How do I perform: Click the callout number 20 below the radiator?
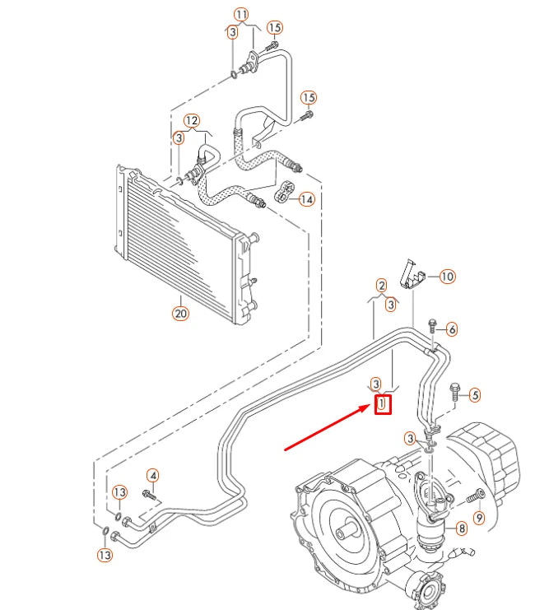coord(180,313)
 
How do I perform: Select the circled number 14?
coord(306,199)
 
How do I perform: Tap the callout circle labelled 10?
coord(447,277)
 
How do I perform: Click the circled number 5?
coord(474,395)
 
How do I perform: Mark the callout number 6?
coord(452,328)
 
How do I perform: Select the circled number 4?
coord(152,475)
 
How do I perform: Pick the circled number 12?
coord(191,120)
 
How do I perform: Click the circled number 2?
coord(381,286)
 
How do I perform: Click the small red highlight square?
coord(383,404)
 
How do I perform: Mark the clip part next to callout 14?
coord(283,190)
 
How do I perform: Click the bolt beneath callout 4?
coord(149,495)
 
